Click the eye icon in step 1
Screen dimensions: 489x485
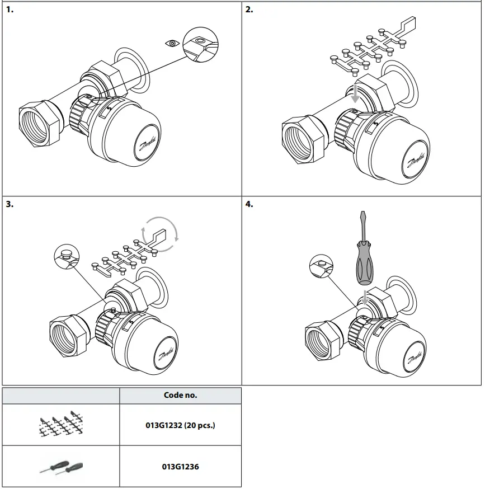pos(172,42)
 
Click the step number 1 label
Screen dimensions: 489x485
pos(10,10)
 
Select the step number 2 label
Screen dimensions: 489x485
pos(249,10)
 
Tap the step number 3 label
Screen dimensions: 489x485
pos(10,204)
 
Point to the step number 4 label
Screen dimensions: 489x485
pos(249,204)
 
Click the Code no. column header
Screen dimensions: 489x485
pos(180,395)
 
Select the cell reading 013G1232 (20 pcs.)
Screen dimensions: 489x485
pos(180,425)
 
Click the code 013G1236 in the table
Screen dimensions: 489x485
pos(180,466)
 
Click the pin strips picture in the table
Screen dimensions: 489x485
pos(62,425)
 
